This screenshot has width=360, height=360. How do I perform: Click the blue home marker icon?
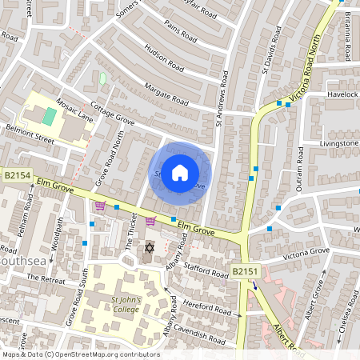pos(180,172)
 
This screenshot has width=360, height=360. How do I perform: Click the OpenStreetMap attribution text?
pos(80,354)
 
